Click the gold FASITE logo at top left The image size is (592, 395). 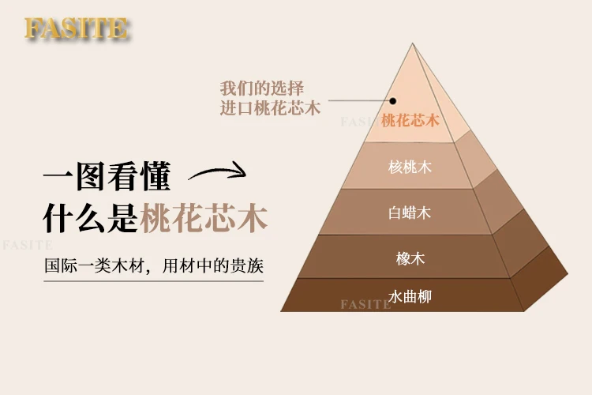76,28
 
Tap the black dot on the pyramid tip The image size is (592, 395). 392,101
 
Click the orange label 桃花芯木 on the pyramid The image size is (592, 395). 410,121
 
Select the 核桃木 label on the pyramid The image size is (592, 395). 410,167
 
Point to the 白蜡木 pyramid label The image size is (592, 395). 410,213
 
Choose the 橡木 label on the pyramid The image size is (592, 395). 410,258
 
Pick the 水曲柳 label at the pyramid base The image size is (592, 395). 410,296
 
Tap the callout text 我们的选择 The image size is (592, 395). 262,88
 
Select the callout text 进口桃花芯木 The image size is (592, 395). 270,108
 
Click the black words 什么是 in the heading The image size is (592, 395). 91,218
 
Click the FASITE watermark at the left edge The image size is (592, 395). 26,245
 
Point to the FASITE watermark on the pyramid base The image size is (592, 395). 365,304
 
